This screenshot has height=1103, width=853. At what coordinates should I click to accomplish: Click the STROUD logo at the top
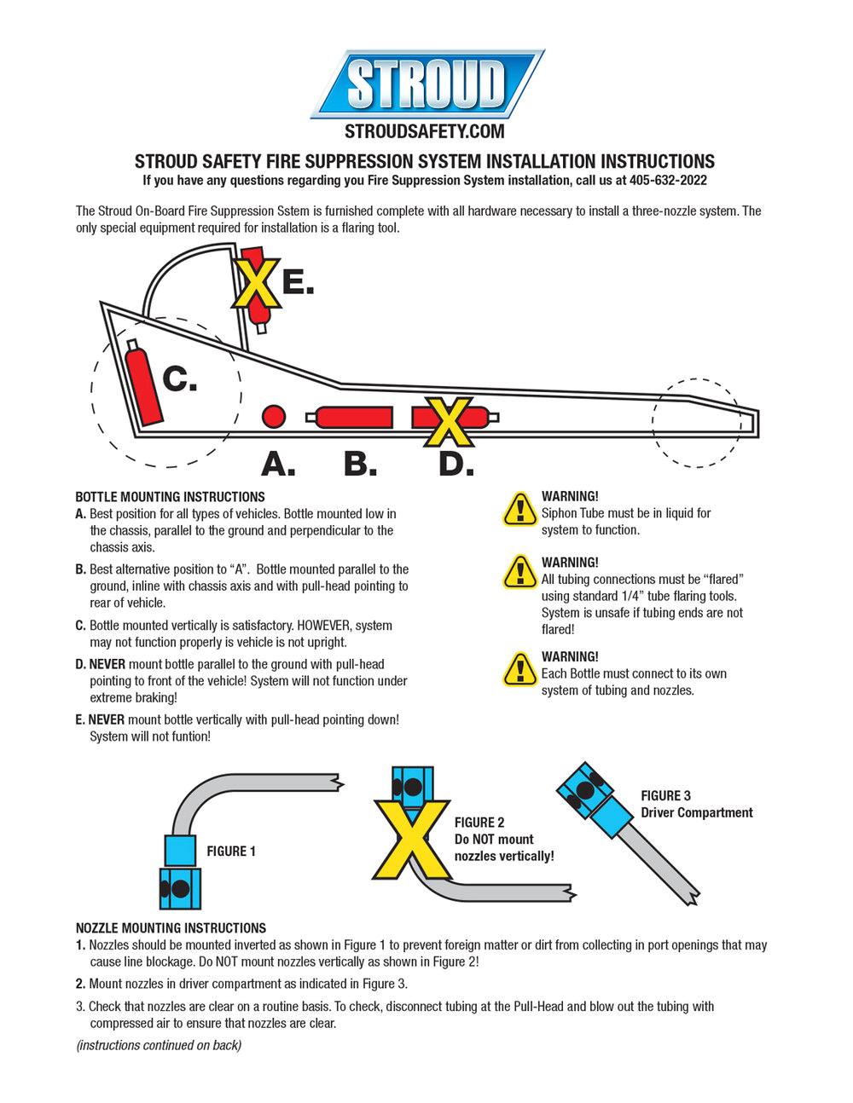(426, 84)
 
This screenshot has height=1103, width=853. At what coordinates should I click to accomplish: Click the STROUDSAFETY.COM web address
(424, 131)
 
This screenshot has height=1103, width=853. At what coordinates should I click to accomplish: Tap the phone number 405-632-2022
(668, 181)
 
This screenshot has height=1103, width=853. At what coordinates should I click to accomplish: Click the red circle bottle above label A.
(273, 416)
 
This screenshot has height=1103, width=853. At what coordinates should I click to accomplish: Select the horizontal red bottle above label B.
(353, 417)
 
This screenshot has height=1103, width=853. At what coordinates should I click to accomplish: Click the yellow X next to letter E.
(256, 283)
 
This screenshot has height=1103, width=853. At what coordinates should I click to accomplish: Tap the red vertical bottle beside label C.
(144, 384)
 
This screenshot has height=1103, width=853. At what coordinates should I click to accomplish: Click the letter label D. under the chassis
(456, 465)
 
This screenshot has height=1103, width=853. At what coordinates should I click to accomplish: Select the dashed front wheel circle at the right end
(698, 423)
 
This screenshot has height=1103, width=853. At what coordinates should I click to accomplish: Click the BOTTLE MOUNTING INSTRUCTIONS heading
(170, 497)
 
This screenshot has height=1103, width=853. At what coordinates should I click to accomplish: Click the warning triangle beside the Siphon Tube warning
(519, 510)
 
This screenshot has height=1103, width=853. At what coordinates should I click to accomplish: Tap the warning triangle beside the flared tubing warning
(519, 572)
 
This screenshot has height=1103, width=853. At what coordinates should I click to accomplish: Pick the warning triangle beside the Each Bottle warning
(519, 669)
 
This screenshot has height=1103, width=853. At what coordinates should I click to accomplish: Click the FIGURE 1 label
(230, 852)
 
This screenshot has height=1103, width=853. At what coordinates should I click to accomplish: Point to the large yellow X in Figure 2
(413, 840)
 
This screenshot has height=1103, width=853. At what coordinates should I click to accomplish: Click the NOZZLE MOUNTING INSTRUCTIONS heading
(171, 928)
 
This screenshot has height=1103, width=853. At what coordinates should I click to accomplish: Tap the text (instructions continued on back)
(159, 1045)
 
